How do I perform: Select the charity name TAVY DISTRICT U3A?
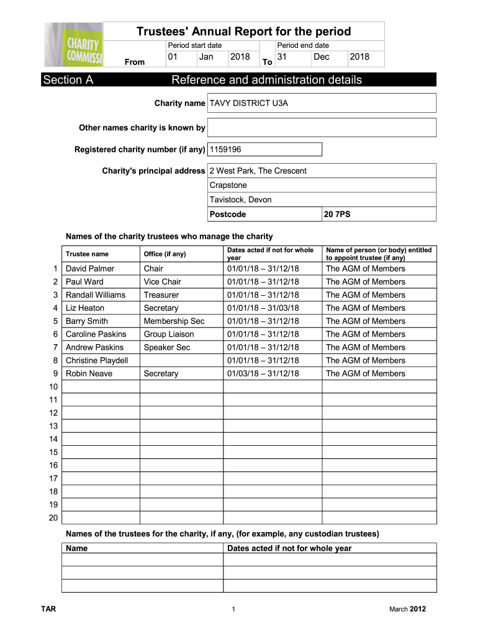249,104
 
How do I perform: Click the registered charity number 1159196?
226,149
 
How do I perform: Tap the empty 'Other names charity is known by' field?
322,128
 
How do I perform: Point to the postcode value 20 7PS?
337,215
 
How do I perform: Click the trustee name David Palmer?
90,269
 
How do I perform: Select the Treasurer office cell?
161,295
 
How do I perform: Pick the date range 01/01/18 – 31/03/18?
263,308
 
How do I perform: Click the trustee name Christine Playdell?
97,360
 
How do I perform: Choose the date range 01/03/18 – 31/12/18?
263,373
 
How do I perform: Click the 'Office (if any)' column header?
165,254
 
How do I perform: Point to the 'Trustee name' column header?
87,254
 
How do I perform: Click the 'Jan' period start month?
206,57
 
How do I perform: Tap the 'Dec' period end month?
322,57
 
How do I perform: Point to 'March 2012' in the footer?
407,610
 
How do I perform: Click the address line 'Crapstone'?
228,185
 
